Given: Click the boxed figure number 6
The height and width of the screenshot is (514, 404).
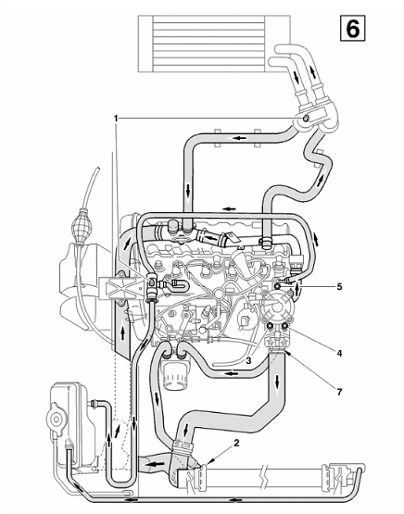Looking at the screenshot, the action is pos(352,29).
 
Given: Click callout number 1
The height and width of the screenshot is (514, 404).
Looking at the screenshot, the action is pos(116,118).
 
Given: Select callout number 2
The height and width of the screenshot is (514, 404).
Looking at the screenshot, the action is pos(236,443).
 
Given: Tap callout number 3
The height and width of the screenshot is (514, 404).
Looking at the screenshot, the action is pos(248,360).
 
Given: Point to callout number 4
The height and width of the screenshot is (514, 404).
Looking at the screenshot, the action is pos(339,353).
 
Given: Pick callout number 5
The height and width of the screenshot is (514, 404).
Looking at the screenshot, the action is pos(339,286).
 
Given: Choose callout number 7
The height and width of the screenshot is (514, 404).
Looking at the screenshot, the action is pos(339,392).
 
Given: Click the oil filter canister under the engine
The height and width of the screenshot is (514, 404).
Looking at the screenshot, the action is pos(174,374).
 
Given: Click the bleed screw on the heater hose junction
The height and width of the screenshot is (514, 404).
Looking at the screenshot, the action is pos(306,118).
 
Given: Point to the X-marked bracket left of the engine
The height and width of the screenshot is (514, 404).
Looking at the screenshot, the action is pos(121,288).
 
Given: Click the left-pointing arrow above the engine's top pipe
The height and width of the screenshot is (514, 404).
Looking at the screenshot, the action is pos(229,208).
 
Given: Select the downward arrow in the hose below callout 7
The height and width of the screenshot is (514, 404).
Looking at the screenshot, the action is pos(278,382).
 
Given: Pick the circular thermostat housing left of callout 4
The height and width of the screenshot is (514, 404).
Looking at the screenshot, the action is pos(277,307).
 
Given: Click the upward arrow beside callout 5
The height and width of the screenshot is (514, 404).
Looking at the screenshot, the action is pos(297,289).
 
